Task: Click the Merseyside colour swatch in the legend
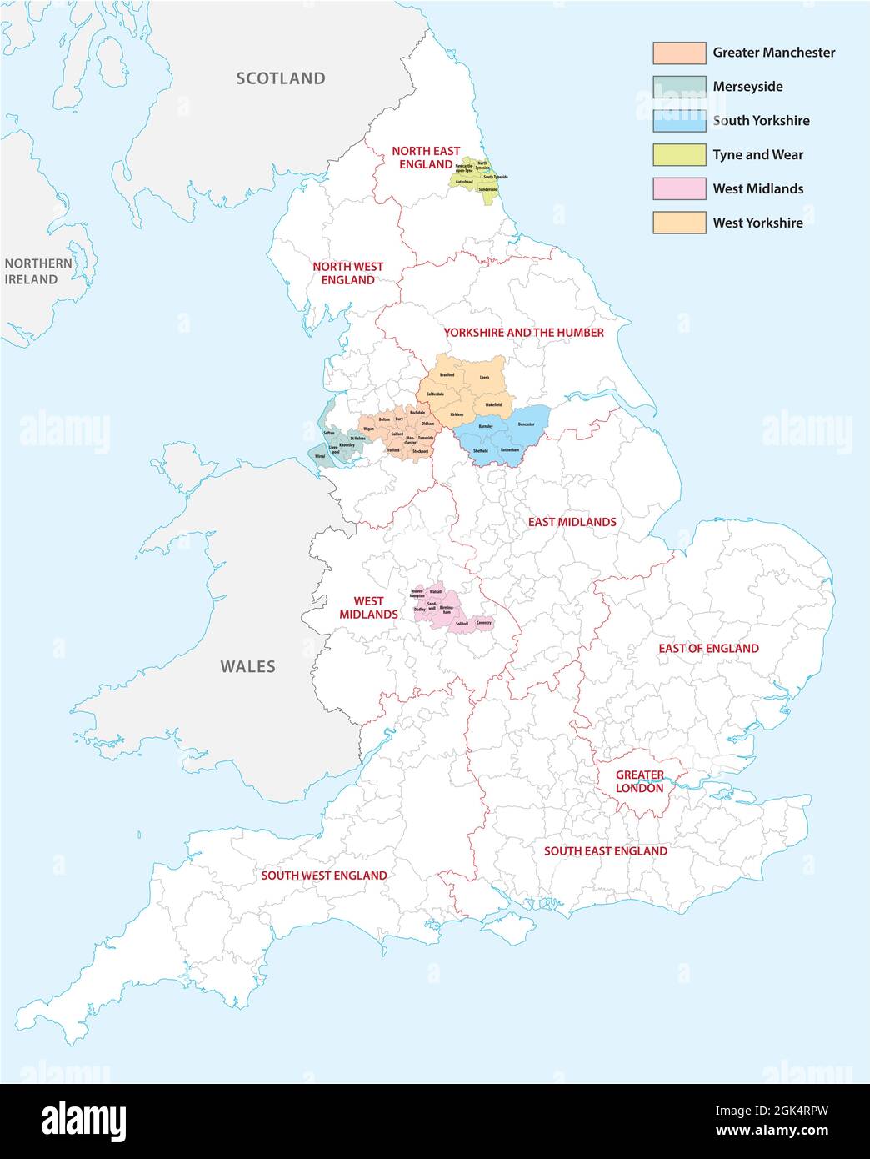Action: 679,87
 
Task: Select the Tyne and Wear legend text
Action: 757,155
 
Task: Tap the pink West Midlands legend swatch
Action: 679,189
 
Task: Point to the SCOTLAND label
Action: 280,78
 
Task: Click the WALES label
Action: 247,666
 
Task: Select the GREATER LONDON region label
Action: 639,781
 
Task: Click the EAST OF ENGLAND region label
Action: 708,648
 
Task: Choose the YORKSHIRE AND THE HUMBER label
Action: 523,333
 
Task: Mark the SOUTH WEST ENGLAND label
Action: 323,876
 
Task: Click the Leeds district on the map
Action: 484,378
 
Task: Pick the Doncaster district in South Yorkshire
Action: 526,424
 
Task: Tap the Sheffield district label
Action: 480,451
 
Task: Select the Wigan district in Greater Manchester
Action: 368,429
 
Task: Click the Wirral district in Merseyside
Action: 319,457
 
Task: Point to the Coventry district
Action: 484,623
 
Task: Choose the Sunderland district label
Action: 487,190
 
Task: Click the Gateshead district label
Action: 465,182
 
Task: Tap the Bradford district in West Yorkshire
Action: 447,375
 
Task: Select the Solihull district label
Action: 462,624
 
